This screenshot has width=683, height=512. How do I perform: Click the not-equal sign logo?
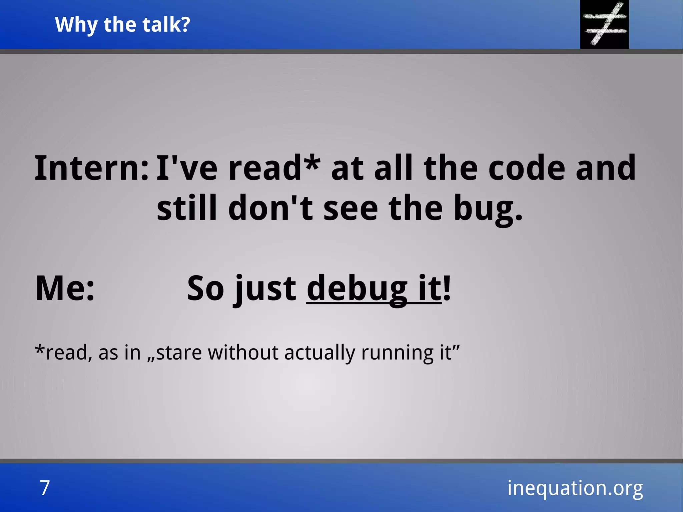(604, 24)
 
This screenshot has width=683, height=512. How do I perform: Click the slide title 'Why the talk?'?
(122, 25)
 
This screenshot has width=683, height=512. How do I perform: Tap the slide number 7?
(45, 488)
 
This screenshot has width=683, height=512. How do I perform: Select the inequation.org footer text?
(575, 488)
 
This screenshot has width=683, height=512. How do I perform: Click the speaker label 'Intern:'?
(91, 168)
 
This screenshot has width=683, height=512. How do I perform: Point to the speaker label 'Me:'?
(65, 288)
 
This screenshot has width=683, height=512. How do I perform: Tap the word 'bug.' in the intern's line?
(488, 208)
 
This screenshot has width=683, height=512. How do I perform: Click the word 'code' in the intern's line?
(527, 168)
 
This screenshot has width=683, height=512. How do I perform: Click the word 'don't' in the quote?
(270, 208)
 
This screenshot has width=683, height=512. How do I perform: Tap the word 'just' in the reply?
(265, 289)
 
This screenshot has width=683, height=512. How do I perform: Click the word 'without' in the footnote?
(243, 352)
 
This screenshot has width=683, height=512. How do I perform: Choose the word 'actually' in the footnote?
(319, 353)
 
